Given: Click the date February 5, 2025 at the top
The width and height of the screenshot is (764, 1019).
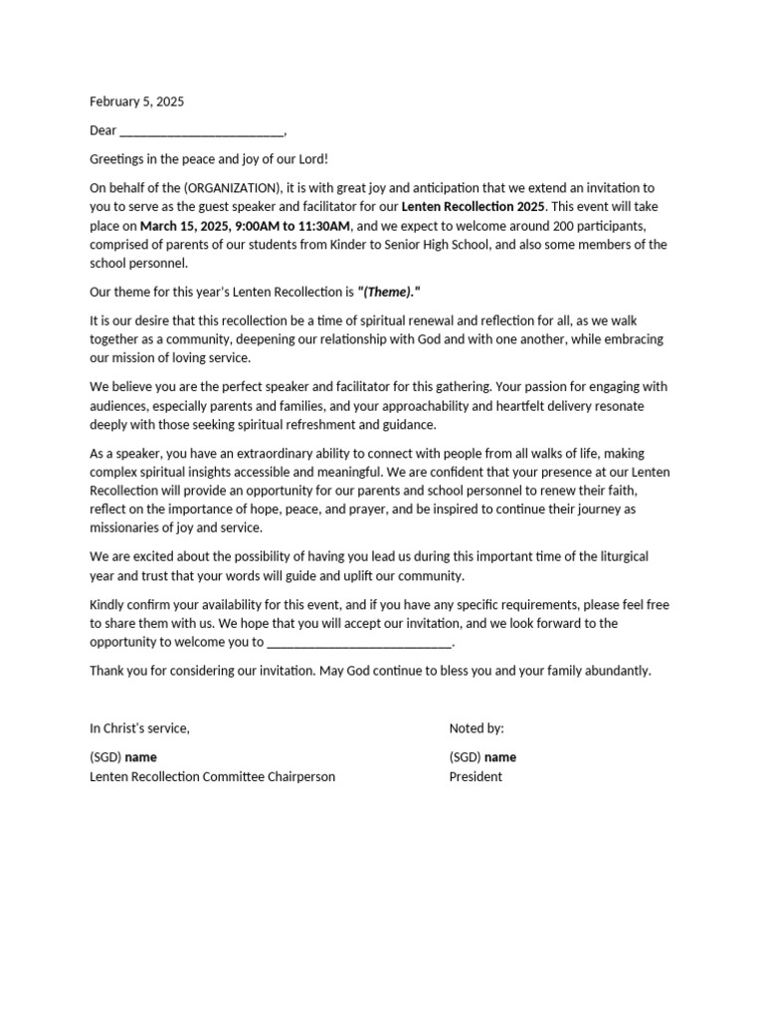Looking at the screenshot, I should coord(136,102).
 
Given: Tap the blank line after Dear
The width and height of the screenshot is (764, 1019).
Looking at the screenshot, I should coord(201,131).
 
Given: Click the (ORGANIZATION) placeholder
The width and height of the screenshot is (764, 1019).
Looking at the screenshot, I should coord(231,188).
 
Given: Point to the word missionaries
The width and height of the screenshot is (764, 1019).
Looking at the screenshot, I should coord(126,528).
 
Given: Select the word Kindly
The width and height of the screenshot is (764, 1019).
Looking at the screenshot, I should coord(108,604).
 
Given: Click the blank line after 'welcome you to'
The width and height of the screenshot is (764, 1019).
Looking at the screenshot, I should coord(359,643).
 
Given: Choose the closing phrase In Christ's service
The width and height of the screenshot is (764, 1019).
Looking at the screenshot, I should coord(139,728).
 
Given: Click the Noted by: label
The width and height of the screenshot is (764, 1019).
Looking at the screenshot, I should coord(477,728).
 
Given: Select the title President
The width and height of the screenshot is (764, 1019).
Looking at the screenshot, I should coord(476,777).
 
